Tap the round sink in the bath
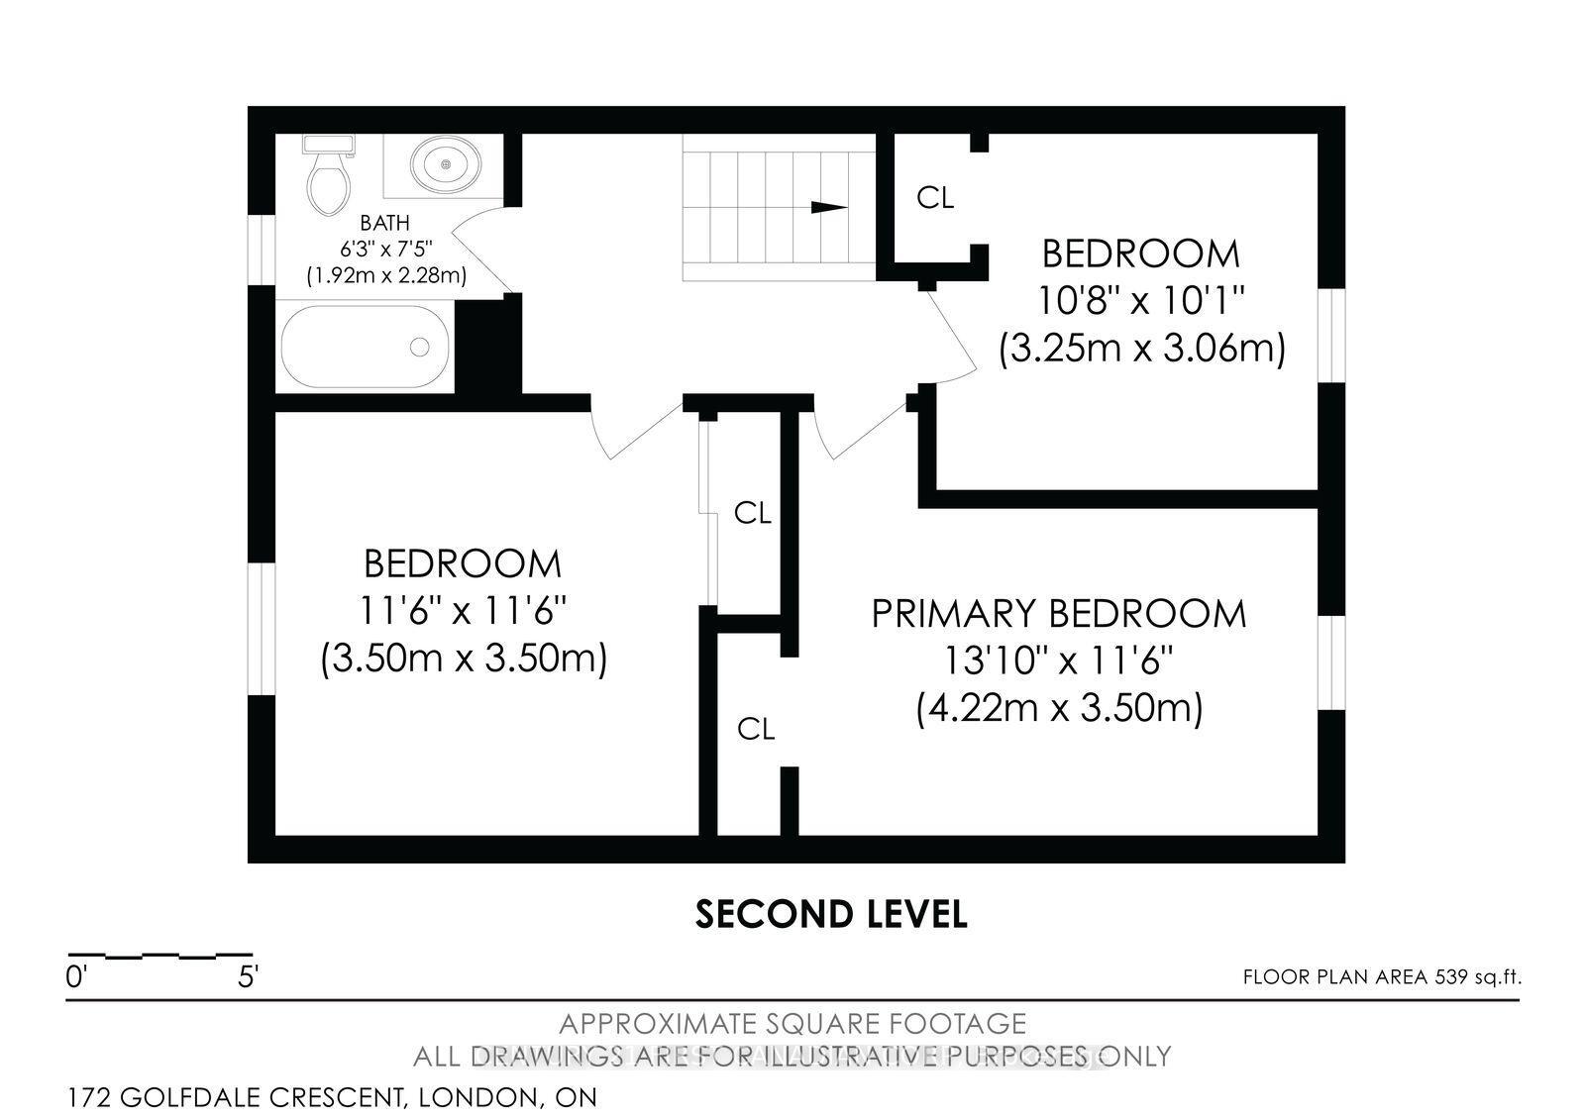tap(445, 162)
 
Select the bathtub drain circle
tap(420, 347)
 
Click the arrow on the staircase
tap(829, 207)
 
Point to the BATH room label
tap(384, 224)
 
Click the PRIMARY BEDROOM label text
tap(1058, 614)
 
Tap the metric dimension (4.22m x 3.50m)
tap(1058, 709)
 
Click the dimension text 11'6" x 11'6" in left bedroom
tap(463, 611)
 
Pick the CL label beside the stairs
tap(935, 198)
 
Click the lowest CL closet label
tap(756, 730)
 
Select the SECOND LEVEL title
tap(831, 914)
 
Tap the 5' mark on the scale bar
tap(247, 977)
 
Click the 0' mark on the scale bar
tap(76, 977)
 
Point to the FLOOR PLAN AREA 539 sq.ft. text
tap(1381, 977)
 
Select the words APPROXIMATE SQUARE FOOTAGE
tap(792, 1023)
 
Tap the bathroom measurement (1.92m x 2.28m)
tap(386, 275)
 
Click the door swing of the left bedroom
tap(634, 428)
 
